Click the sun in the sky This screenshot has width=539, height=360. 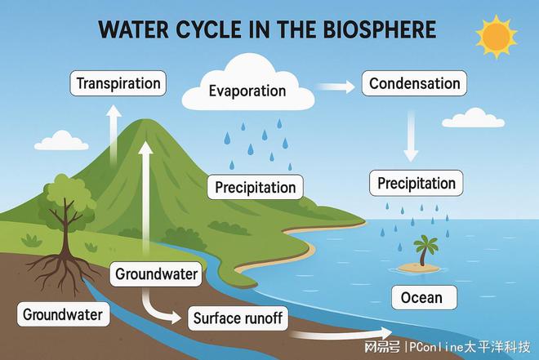click(x=497, y=37)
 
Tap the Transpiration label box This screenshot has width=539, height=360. click(x=118, y=83)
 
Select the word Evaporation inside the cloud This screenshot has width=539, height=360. click(x=247, y=91)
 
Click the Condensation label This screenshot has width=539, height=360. click(x=414, y=83)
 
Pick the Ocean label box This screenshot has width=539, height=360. click(x=424, y=297)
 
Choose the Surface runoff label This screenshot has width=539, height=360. click(x=238, y=318)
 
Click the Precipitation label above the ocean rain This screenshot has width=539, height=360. click(x=416, y=183)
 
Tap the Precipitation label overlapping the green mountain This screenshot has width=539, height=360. click(x=255, y=187)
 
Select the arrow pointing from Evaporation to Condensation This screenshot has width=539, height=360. click(x=336, y=87)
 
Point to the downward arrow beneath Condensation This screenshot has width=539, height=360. click(x=411, y=136)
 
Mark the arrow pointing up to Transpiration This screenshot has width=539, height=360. click(x=114, y=134)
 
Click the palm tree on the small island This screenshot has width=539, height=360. click(x=425, y=250)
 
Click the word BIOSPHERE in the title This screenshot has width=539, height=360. click(x=380, y=29)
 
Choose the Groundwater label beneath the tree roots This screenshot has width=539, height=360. click(x=63, y=314)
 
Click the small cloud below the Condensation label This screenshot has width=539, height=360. click(x=474, y=118)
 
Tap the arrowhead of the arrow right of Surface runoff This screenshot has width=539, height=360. click(x=385, y=332)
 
